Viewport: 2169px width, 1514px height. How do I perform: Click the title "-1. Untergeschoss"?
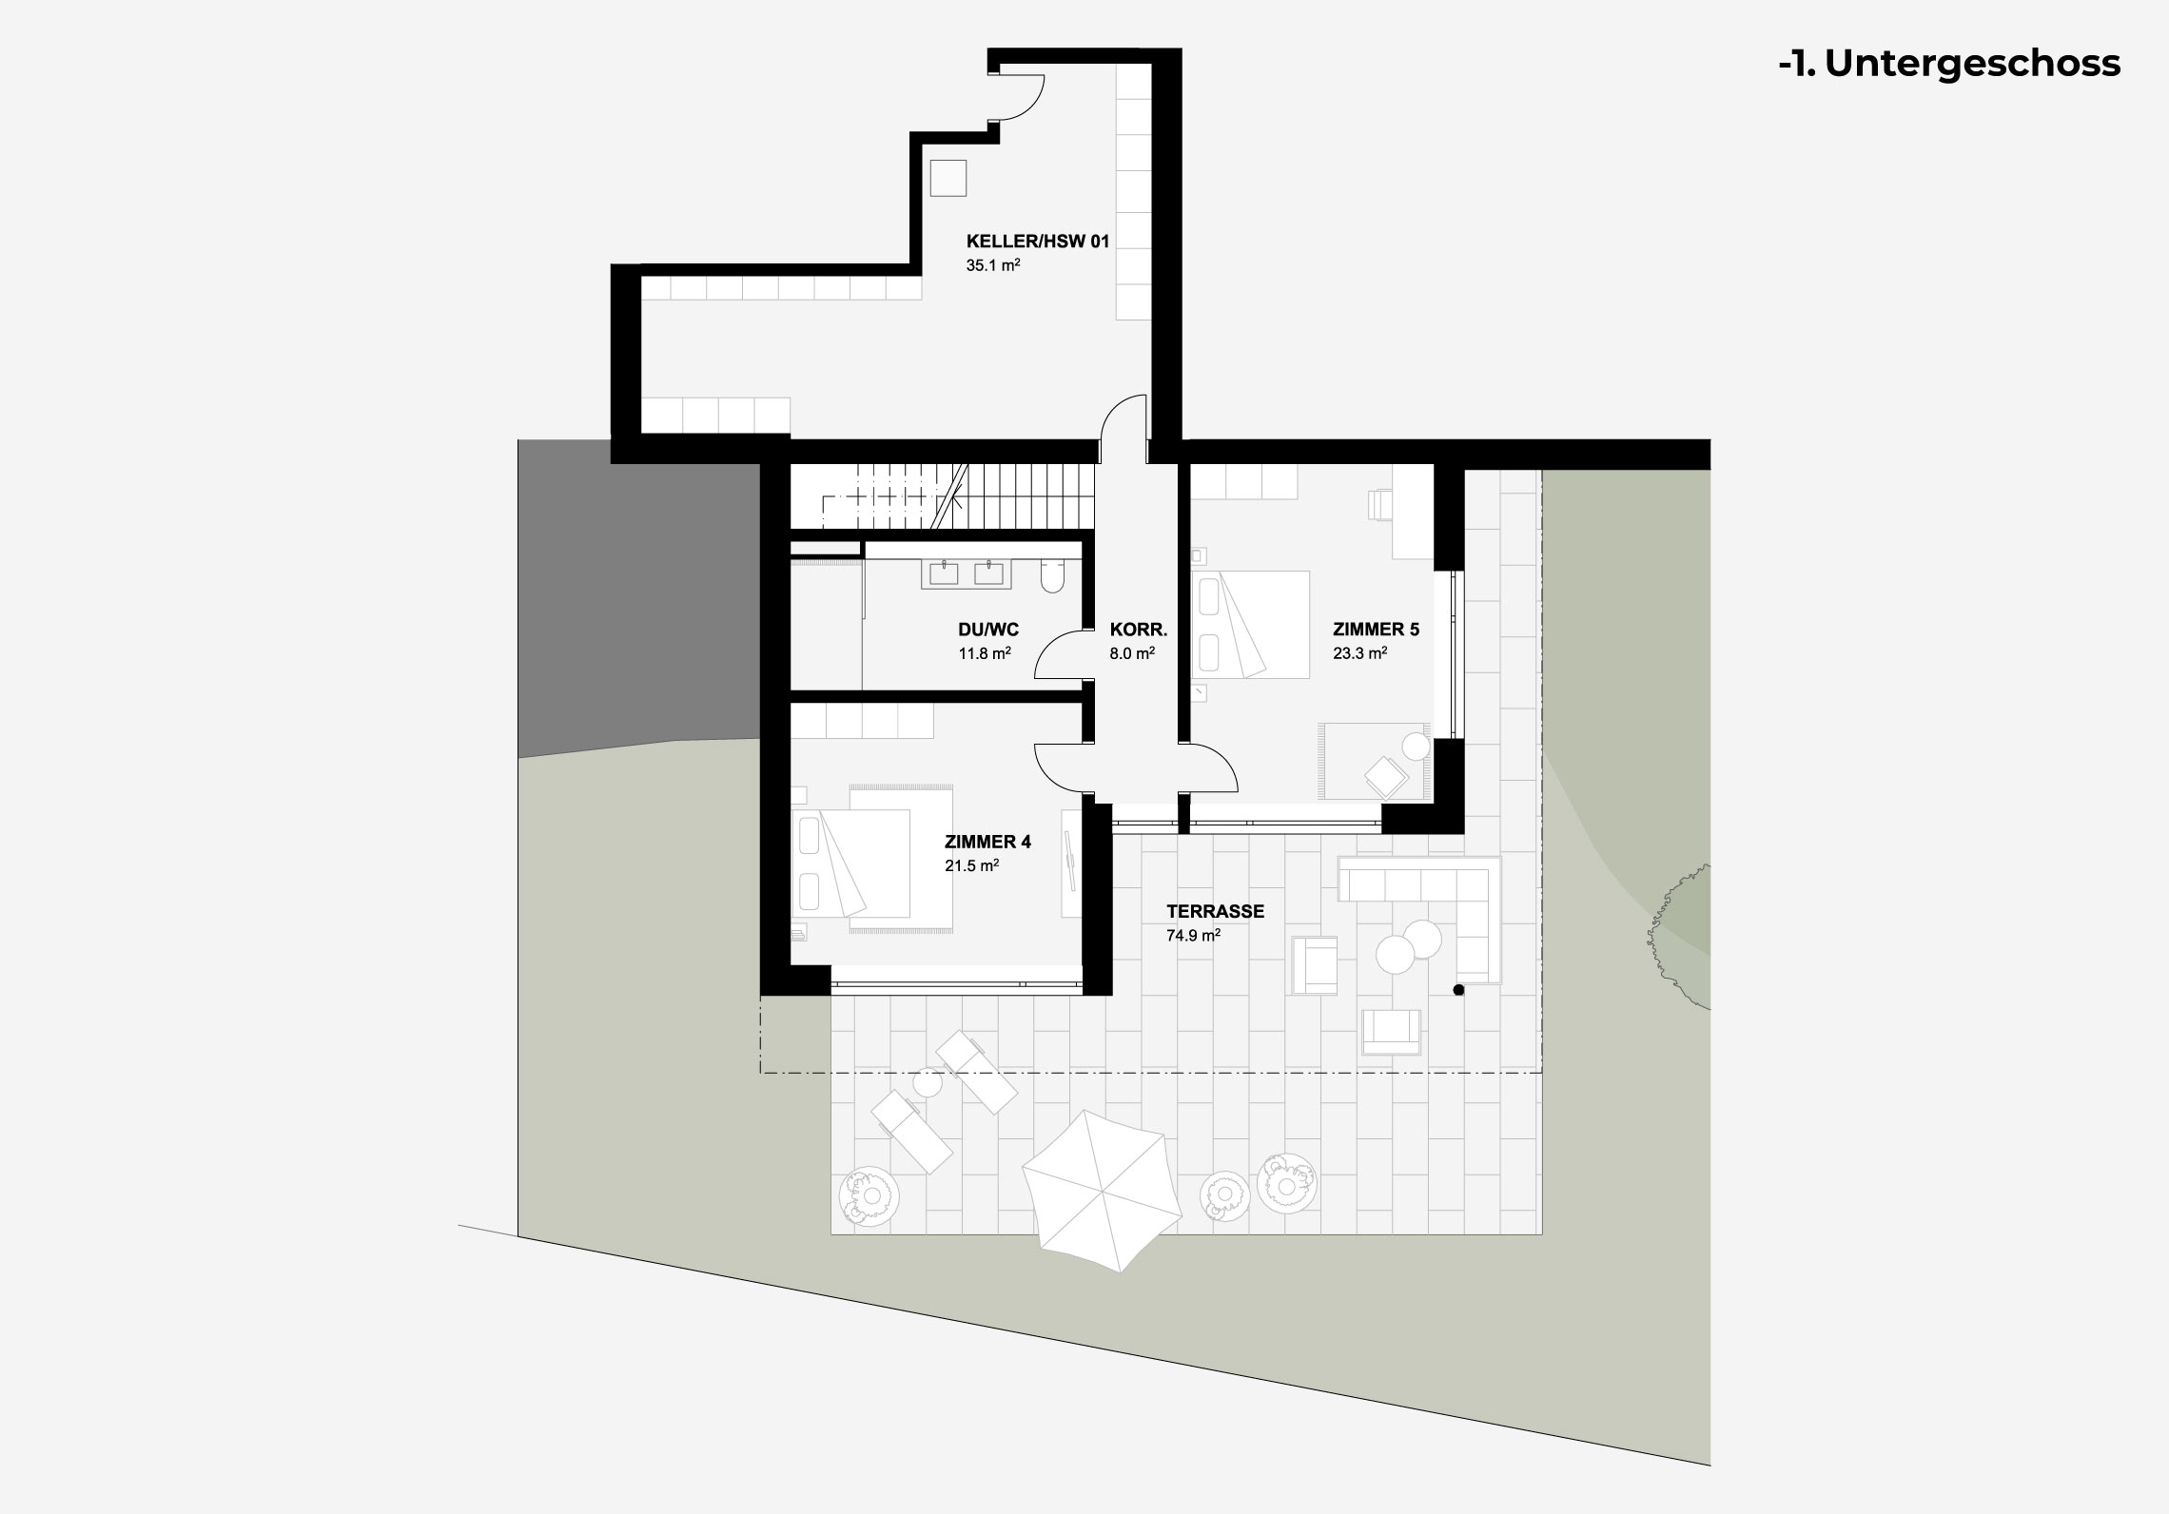coord(1949,63)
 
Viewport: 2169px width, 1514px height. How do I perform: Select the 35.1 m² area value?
coord(993,265)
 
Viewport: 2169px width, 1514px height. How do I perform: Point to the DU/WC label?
coord(988,630)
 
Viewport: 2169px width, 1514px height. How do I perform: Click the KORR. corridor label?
coord(1138,630)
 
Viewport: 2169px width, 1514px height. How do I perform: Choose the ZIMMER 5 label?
coord(1376,630)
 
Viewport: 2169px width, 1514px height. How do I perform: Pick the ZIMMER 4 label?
coord(987,842)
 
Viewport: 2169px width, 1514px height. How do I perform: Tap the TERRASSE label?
coord(1216,911)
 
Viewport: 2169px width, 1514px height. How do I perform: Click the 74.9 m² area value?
coord(1193,935)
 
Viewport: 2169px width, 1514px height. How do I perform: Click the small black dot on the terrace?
coord(1458,991)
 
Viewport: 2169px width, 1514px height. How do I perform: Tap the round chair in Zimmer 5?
coord(1416,747)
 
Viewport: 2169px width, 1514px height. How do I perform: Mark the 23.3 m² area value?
coord(1359,653)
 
